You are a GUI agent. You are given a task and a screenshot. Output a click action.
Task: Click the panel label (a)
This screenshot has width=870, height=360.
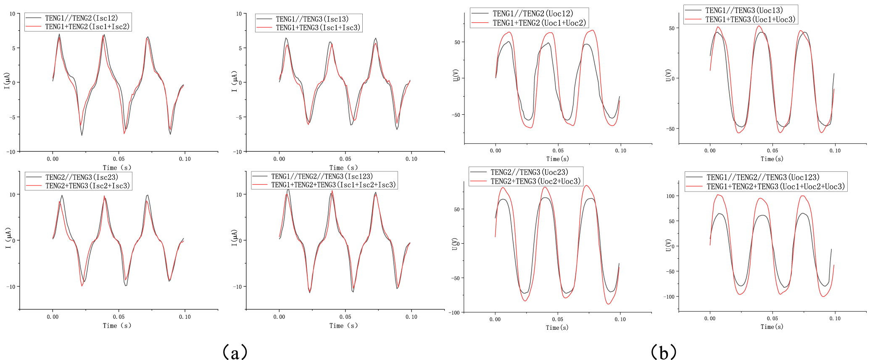pyautogui.click(x=235, y=352)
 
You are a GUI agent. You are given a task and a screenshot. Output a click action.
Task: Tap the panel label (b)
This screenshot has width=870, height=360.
pyautogui.click(x=664, y=352)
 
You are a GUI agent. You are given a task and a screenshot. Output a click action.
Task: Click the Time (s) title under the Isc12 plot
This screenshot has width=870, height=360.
pyautogui.click(x=117, y=168)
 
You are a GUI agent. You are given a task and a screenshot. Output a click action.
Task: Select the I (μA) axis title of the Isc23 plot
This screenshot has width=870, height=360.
pyautogui.click(x=8, y=238)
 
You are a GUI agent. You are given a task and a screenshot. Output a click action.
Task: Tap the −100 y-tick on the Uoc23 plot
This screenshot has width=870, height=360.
pyautogui.click(x=454, y=313)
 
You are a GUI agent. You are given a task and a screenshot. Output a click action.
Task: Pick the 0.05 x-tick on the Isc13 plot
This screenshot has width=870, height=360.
pyautogui.click(x=345, y=159)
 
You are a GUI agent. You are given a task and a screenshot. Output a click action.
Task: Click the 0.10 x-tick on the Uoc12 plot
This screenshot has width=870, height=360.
pyautogui.click(x=620, y=151)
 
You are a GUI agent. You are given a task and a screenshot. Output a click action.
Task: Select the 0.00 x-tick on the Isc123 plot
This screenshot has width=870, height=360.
pyautogui.click(x=279, y=317)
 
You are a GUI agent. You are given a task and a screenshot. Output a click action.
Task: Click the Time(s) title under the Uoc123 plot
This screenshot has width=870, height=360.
pyautogui.click(x=772, y=327)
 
